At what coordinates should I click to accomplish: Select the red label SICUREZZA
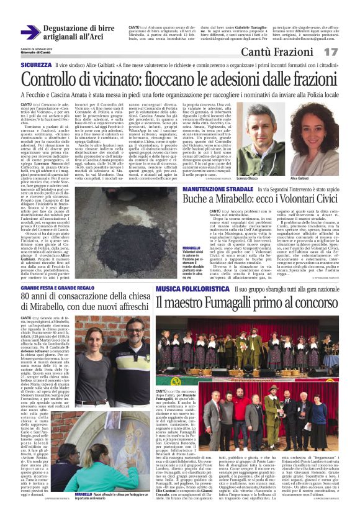click(x=36, y=65)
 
